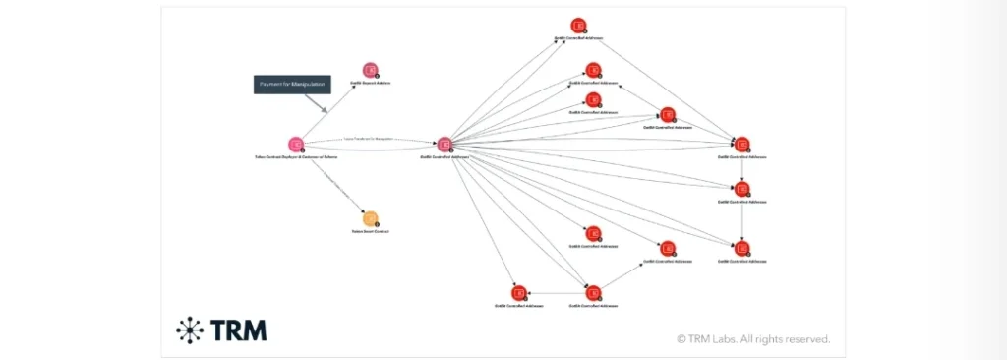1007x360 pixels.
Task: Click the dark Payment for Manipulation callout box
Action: coord(292,85)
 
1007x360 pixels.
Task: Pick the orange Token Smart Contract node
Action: coord(371,218)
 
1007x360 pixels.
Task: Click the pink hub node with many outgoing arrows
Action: coord(444,145)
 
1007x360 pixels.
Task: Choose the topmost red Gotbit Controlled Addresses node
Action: coord(580,26)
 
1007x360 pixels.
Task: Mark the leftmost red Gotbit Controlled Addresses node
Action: coord(518,292)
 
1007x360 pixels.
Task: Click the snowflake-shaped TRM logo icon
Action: coord(189,330)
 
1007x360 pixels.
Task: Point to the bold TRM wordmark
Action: coord(237,330)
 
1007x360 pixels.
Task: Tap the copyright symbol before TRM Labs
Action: coord(681,339)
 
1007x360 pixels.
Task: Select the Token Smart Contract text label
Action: coord(371,232)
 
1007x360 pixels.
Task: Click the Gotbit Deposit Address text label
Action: coord(371,83)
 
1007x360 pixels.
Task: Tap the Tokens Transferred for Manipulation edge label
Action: coord(369,140)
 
